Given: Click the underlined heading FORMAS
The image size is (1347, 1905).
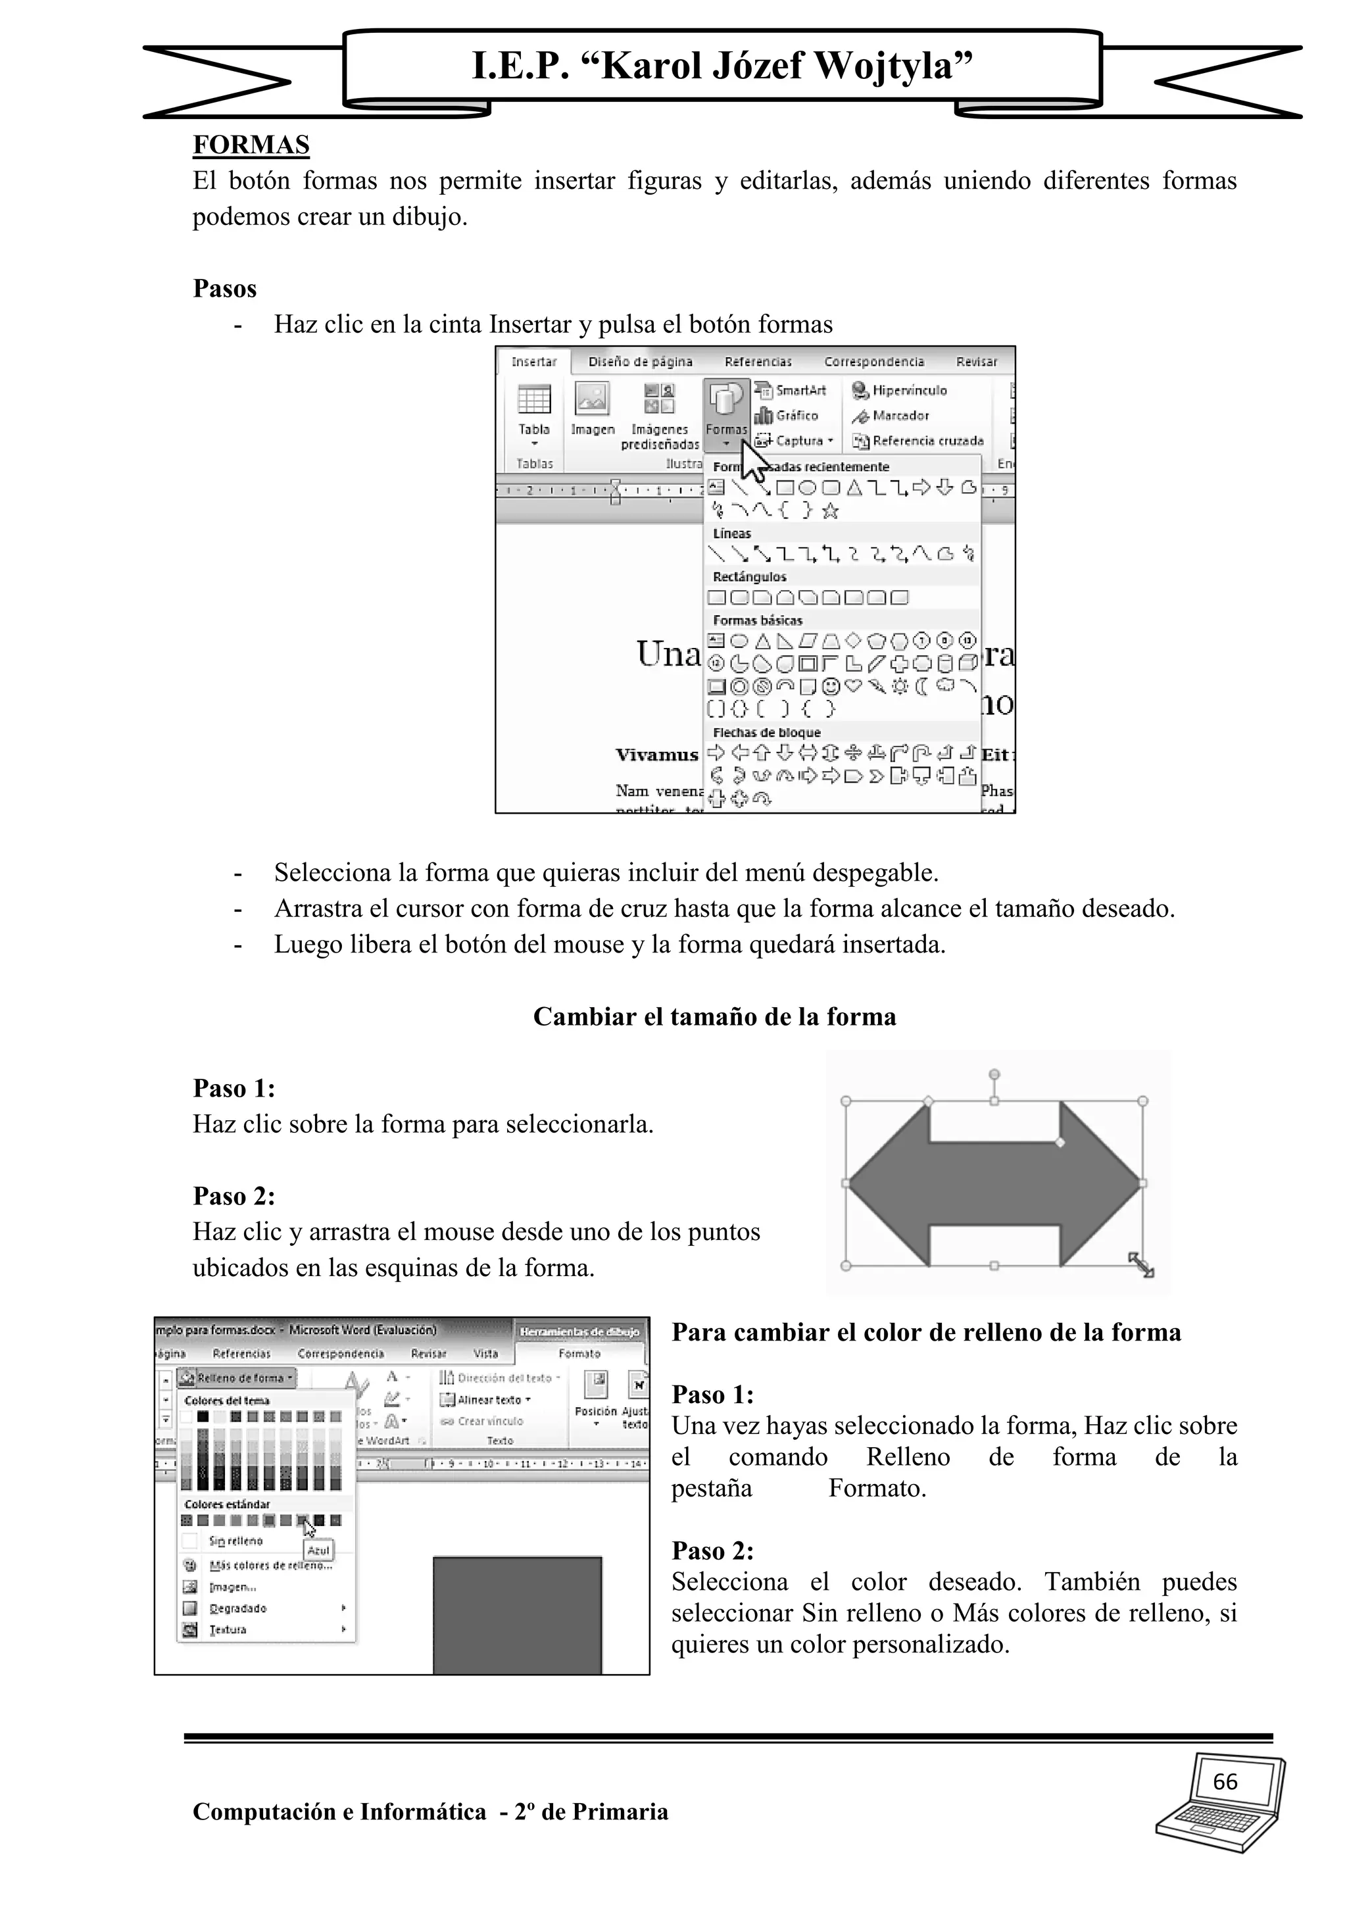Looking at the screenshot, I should click(251, 145).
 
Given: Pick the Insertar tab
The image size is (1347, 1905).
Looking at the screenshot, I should click(533, 362).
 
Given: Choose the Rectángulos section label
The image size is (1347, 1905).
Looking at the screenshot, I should click(749, 577).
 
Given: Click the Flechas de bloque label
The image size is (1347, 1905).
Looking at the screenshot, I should click(766, 733).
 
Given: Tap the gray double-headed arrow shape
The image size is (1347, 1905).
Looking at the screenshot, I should click(994, 1184).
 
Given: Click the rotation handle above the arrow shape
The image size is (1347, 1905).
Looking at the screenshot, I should click(994, 1074).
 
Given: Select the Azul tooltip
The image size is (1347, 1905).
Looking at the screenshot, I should click(318, 1550).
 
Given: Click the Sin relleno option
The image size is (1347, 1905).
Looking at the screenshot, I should click(235, 1541).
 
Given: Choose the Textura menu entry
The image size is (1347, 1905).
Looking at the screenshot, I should click(228, 1629).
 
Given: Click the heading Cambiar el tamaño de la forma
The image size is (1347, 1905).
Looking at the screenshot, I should click(714, 1017).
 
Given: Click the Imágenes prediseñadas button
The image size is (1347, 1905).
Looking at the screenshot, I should click(660, 415).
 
